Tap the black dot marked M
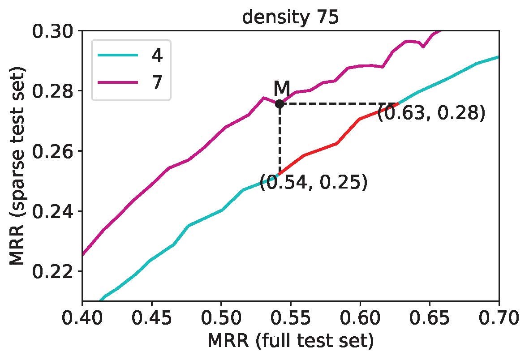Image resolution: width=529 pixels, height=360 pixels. (x=280, y=104)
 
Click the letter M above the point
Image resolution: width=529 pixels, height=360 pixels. (x=282, y=88)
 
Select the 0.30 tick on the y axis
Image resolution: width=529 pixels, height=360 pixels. (x=53, y=31)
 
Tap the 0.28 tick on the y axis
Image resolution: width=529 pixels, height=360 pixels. (x=53, y=91)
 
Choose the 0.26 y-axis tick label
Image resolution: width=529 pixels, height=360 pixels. (x=53, y=151)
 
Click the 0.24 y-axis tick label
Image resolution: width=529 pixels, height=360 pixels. (x=53, y=211)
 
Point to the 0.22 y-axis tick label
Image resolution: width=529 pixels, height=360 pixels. (x=53, y=271)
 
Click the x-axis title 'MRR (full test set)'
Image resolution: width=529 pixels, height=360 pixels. (x=290, y=342)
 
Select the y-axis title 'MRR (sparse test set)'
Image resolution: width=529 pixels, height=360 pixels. (x=18, y=166)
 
